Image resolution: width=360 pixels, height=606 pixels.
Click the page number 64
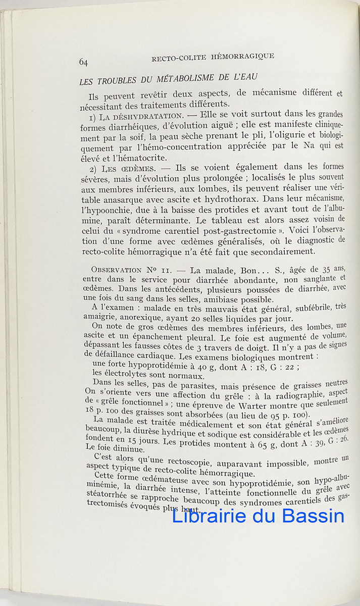tap(83, 62)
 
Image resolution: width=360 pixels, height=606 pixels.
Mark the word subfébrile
tap(298, 306)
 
